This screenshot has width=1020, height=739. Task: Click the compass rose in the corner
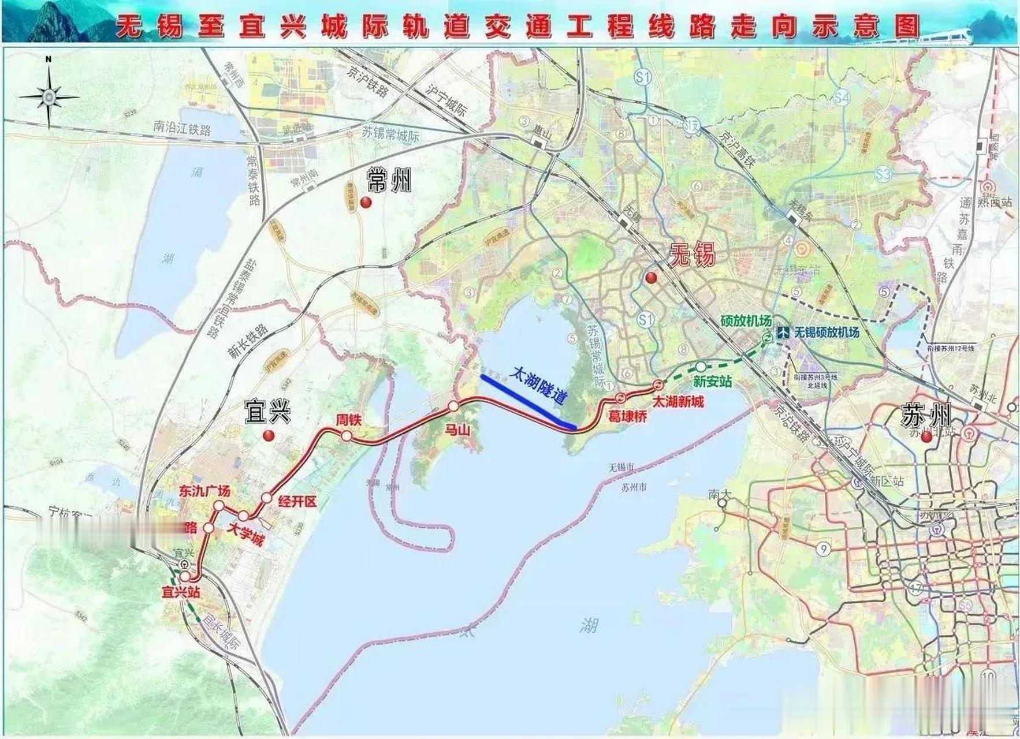click(x=49, y=95)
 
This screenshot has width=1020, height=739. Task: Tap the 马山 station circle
click(x=453, y=406)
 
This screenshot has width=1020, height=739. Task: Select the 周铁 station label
click(x=349, y=420)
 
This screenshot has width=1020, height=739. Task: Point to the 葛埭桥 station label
click(x=628, y=415)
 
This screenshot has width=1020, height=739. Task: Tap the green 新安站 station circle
click(x=700, y=367)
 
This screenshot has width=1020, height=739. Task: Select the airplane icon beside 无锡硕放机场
click(x=783, y=333)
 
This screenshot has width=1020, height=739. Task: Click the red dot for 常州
click(x=365, y=202)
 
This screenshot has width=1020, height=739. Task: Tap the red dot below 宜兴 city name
click(x=267, y=436)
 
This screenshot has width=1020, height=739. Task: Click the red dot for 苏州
click(x=926, y=438)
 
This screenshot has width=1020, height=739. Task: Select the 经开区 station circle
click(x=266, y=498)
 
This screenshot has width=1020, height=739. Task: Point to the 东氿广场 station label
click(x=204, y=491)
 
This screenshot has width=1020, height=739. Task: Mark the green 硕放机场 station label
click(x=746, y=321)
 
